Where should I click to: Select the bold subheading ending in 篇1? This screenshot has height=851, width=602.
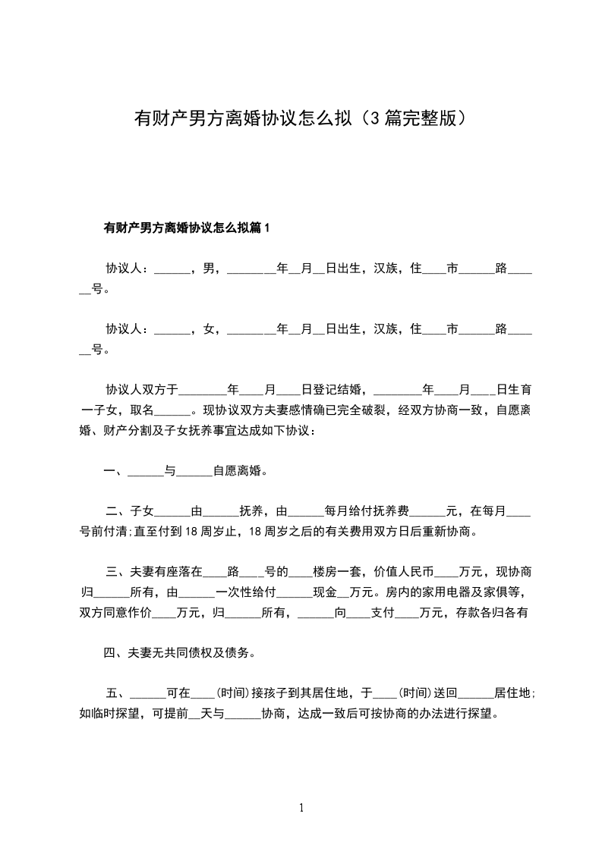187,228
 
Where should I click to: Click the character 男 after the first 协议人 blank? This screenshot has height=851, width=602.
208,268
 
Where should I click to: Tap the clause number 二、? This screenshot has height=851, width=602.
117,511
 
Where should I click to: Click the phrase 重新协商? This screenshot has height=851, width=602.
447,532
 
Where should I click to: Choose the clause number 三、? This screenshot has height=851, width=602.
117,572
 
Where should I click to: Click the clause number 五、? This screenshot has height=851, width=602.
117,693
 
